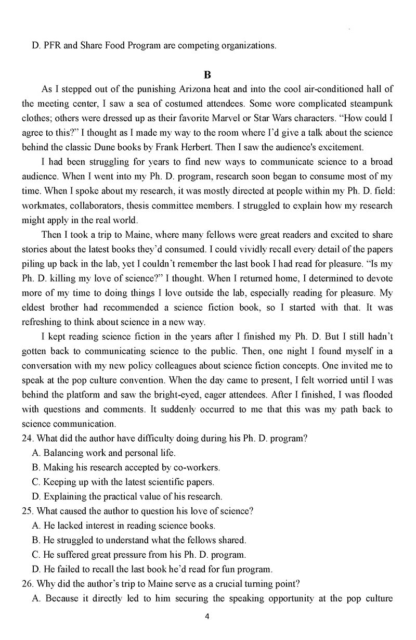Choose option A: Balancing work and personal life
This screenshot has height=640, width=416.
[x=103, y=453]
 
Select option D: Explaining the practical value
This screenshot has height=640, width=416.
[x=127, y=496]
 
